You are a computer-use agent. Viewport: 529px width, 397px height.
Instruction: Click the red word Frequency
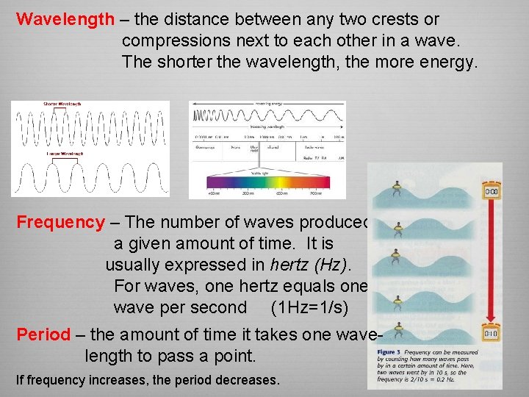[61, 222]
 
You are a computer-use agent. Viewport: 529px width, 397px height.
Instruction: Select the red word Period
[43, 335]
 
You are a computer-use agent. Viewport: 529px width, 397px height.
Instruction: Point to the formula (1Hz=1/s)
[309, 307]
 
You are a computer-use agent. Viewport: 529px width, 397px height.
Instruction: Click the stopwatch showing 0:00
[491, 192]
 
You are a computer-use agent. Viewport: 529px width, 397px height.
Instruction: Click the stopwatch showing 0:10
[491, 335]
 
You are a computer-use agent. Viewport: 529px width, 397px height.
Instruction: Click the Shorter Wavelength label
[62, 104]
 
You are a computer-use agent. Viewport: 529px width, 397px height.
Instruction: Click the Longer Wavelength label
[65, 154]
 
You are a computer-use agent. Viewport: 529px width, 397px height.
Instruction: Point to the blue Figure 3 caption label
[388, 353]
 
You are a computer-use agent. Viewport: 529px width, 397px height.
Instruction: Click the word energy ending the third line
[450, 62]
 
